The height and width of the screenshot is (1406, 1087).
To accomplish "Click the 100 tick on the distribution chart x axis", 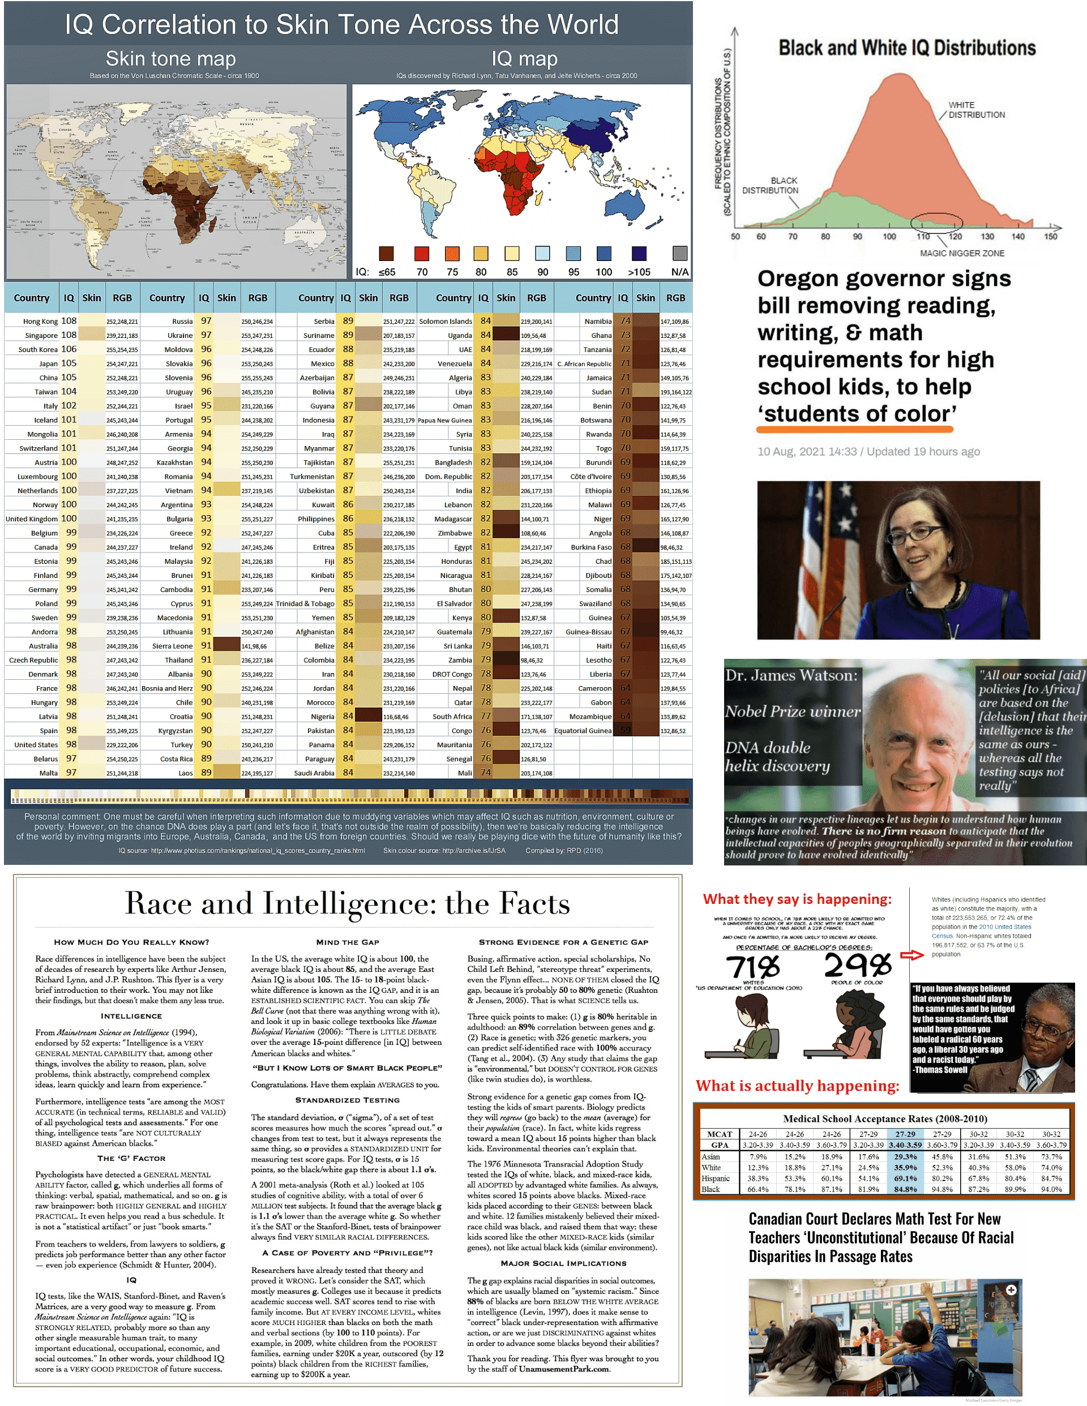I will coord(889,236).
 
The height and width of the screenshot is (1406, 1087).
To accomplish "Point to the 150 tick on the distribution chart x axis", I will coord(1050,236).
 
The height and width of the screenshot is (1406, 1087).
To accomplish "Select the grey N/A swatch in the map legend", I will coord(679,253).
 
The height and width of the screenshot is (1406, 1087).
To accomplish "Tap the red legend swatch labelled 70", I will coord(421,253).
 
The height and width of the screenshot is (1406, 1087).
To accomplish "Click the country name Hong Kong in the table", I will coord(40,322).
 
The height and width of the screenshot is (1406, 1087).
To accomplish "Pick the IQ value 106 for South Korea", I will coord(69,349).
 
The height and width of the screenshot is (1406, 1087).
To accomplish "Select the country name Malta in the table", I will coord(48,773).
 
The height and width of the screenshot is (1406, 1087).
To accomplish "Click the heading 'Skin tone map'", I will coord(170,59).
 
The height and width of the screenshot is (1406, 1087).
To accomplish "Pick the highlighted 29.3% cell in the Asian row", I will coord(905,1157).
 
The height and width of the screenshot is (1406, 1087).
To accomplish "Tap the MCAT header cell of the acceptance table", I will coord(720,1134).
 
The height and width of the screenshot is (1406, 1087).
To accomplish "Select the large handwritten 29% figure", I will coord(857,965).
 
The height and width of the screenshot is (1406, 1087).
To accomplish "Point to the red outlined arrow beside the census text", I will coord(911,955).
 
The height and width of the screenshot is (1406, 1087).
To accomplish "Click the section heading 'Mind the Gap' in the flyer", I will coord(347,942).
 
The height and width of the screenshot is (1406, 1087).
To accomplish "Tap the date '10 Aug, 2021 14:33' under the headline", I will coord(806,451).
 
